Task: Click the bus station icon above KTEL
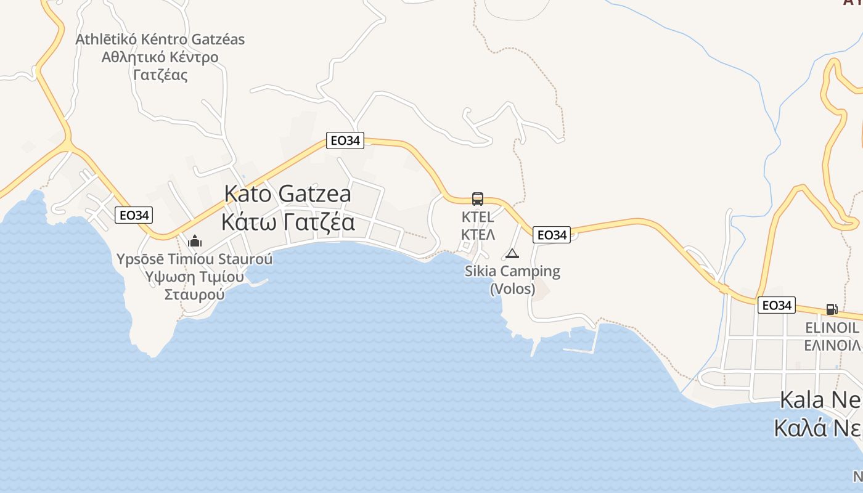[478, 198]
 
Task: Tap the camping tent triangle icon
[512, 253]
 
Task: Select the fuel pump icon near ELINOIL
[832, 309]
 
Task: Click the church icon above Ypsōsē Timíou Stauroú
[195, 240]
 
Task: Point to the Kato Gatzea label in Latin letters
[288, 194]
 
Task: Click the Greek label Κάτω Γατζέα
[288, 222]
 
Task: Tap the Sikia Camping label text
[512, 271]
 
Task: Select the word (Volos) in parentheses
[512, 288]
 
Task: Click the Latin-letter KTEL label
[478, 217]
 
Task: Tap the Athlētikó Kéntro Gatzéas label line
[160, 39]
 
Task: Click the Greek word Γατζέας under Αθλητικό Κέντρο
[160, 75]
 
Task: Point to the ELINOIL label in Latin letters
[832, 327]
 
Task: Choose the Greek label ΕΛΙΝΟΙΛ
[832, 344]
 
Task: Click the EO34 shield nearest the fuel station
[776, 305]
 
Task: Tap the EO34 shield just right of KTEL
[552, 235]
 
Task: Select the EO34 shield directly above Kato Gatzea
[345, 141]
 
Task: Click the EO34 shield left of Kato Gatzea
[134, 215]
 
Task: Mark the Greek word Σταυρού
[194, 294]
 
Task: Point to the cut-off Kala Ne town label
[820, 400]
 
